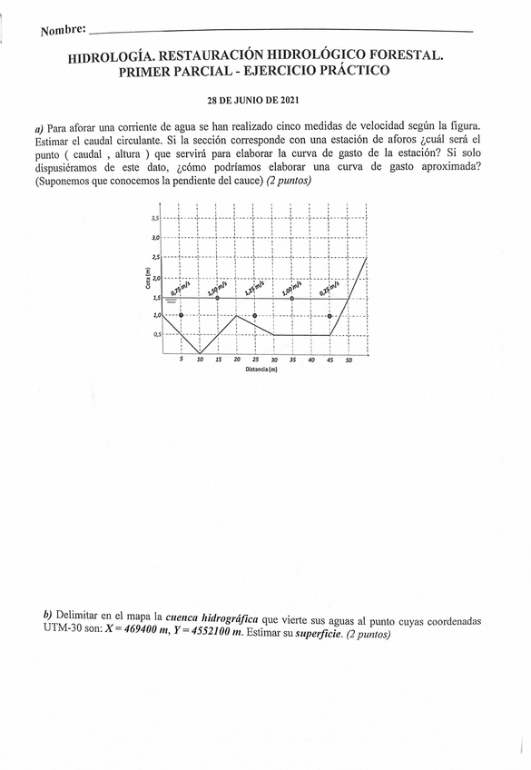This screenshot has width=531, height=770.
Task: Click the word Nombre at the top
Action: (x=63, y=30)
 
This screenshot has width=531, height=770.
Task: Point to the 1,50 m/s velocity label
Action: (x=218, y=289)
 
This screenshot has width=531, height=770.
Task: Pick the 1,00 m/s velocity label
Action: (x=292, y=289)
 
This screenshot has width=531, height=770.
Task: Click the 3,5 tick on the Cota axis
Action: (x=156, y=219)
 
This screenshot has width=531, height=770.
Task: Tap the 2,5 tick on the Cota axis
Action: (x=156, y=258)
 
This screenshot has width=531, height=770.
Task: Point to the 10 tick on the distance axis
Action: (x=200, y=360)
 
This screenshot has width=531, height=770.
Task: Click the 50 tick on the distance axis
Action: (x=349, y=360)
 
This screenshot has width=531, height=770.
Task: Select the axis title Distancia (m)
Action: (x=265, y=370)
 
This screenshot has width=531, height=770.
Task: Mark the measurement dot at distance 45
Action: (x=329, y=316)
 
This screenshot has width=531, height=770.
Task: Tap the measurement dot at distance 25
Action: (x=255, y=316)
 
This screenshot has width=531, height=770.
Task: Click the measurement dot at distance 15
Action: (x=218, y=298)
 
